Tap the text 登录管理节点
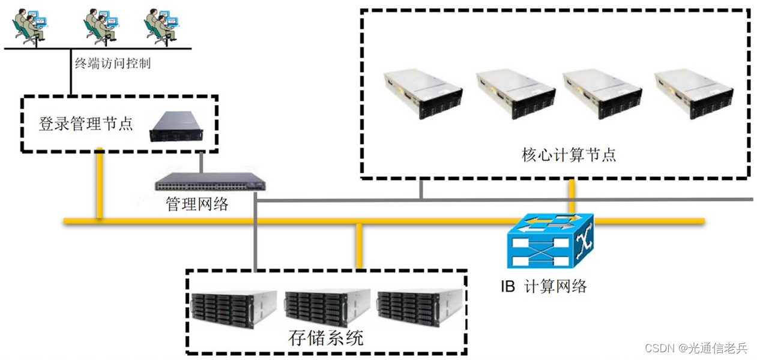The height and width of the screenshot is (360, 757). pos(85,124)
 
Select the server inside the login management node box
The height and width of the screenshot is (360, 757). pos(178,127)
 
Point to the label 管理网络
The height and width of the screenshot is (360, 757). pos(197,204)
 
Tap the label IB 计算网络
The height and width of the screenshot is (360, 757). pos(544,286)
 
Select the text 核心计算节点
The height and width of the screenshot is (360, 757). pos(569,155)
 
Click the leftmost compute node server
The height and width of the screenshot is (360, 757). pos(423,93)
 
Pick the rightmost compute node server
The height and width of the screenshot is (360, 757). pos(693,93)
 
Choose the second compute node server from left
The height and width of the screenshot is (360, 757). pos(514,93)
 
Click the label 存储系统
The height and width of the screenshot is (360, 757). pos(325,338)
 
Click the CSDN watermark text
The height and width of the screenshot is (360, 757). pos(696,348)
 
